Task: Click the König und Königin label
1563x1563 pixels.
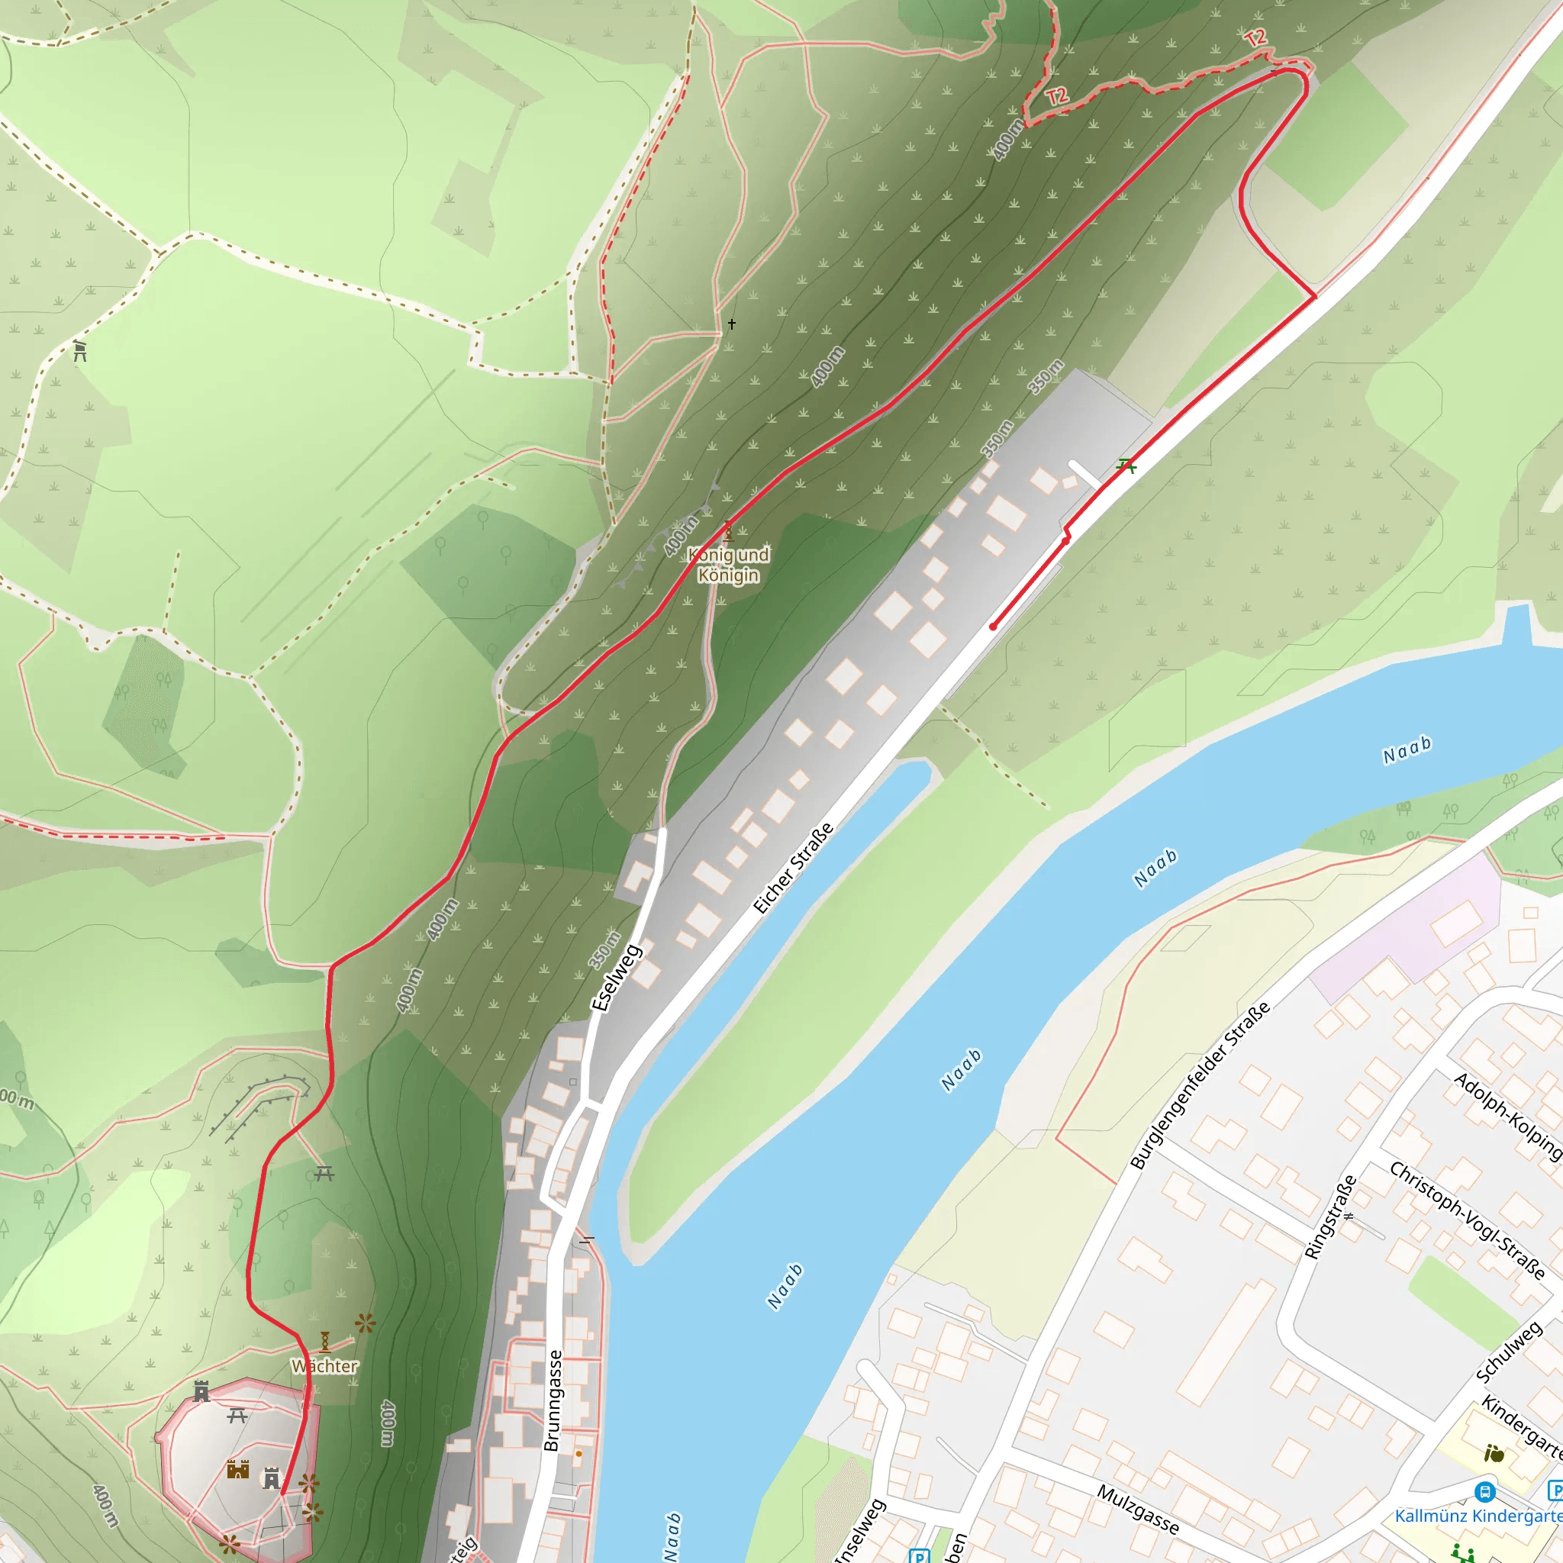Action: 728,565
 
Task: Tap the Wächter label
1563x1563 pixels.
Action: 324,1365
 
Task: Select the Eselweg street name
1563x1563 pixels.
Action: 617,978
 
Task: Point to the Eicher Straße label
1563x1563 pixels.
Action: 793,868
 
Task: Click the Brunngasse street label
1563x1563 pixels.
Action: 552,1400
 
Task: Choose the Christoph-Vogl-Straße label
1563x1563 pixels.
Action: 1466,1220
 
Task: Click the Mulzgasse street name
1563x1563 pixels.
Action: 1137,1509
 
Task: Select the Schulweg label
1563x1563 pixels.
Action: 1510,1352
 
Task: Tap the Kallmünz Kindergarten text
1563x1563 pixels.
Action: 1478,1515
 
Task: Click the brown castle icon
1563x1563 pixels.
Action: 238,1468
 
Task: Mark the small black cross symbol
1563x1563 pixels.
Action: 731,324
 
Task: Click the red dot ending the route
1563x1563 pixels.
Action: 993,627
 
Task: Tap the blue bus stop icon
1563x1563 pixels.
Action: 1484,1490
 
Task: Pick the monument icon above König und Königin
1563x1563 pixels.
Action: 728,531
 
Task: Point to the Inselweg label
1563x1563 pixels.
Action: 860,1530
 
